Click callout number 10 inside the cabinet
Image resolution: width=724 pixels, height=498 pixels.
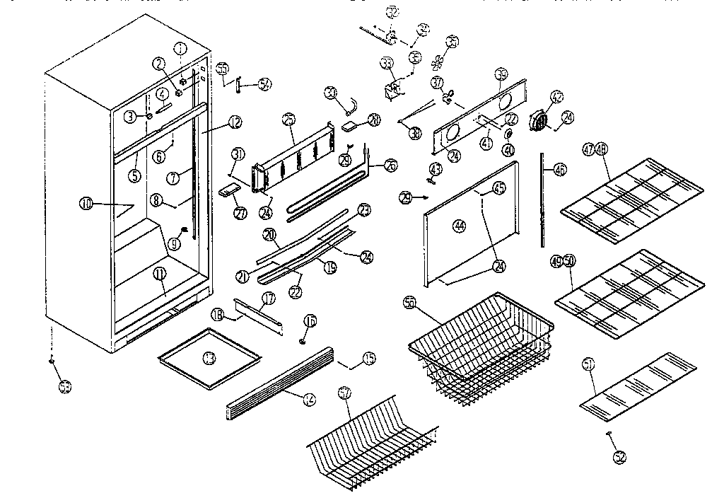tap(86, 205)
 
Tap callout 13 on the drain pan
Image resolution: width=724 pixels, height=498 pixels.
tap(209, 359)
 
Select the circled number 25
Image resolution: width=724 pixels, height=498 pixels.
tap(288, 120)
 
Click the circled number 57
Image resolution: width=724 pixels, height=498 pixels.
tap(344, 392)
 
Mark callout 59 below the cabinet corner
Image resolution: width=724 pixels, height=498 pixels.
tap(65, 387)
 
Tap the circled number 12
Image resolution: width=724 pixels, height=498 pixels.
tap(235, 122)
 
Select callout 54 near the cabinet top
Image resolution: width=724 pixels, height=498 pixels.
tap(264, 84)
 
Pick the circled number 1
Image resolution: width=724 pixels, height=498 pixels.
tap(181, 49)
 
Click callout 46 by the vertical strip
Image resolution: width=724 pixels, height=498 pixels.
tap(560, 170)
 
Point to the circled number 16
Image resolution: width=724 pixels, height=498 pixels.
tap(310, 321)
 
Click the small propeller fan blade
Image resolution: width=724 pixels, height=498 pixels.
tap(438, 61)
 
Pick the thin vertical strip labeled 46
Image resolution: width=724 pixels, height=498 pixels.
tap(543, 202)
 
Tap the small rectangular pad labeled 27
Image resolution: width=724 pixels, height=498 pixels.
tap(228, 190)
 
